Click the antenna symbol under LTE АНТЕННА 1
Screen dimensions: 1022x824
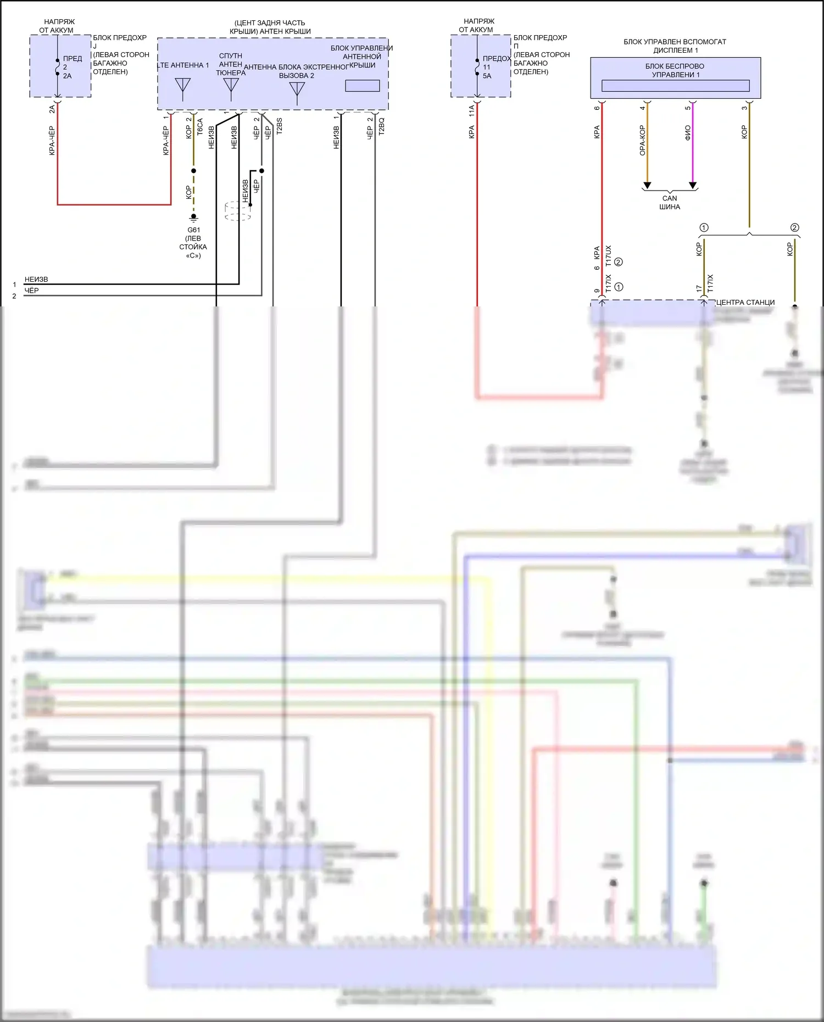pos(182,87)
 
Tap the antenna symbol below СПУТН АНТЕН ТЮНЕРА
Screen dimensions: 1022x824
pos(231,87)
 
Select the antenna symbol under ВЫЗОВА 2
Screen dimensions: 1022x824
pos(297,91)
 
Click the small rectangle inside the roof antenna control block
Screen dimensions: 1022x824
pos(362,86)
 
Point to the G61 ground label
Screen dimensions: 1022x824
pos(193,230)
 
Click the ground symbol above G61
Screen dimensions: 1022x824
pos(193,218)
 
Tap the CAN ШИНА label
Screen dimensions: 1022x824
pos(670,203)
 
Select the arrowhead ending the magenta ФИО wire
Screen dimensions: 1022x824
pos(693,185)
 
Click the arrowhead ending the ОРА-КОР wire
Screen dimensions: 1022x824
pos(647,185)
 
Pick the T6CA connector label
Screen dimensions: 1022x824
pos(200,127)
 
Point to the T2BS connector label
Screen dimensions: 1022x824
pos(279,126)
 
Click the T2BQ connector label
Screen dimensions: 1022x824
pos(382,126)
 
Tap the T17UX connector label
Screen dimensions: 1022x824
pos(608,256)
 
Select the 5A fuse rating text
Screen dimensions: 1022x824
pos(487,76)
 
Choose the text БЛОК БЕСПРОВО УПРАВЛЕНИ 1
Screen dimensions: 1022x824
pos(675,70)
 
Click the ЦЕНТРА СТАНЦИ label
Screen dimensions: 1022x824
pos(745,302)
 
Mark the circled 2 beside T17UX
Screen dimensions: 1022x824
pos(619,262)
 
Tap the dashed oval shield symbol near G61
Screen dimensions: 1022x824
pos(238,211)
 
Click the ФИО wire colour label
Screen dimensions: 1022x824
pos(688,132)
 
